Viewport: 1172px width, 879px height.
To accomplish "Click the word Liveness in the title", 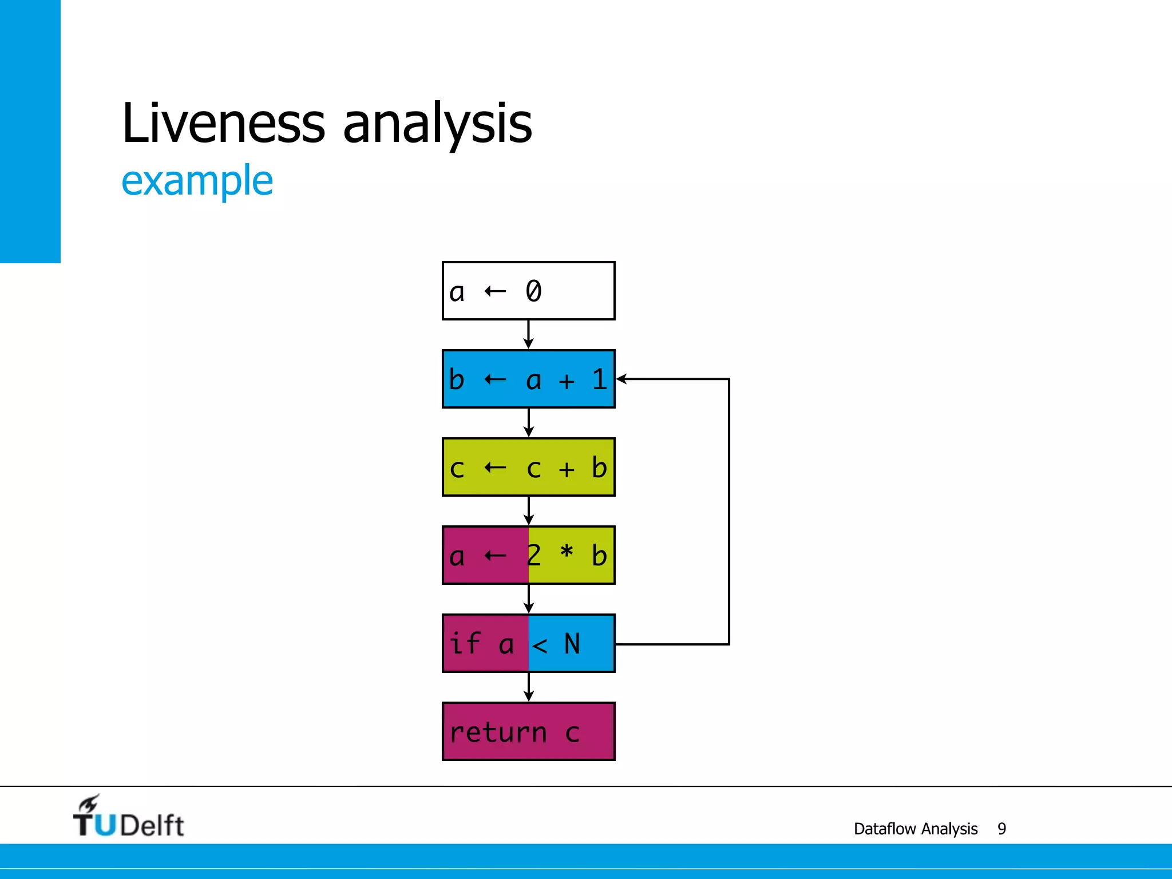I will pos(223,123).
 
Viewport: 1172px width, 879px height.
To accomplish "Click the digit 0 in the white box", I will pos(533,291).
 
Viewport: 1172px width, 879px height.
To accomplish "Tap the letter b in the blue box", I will pos(457,379).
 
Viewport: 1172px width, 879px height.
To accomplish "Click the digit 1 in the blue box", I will pos(599,379).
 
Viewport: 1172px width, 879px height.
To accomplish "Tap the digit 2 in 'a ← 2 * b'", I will pos(534,555).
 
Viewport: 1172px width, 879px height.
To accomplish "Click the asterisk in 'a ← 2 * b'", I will pos(567,553).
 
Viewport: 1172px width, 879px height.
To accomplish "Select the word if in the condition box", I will pos(464,643).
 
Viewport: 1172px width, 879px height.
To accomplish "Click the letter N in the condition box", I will pos(572,644).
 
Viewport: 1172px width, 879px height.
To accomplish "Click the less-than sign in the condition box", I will pos(540,646).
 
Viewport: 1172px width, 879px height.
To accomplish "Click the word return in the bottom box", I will pos(498,732).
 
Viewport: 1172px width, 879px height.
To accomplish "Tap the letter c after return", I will pos(572,733).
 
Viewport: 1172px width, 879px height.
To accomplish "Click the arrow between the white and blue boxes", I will pos(529,335).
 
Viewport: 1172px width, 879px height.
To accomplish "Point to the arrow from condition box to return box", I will pos(529,687).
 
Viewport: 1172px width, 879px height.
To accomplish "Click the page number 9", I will pos(1001,829).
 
